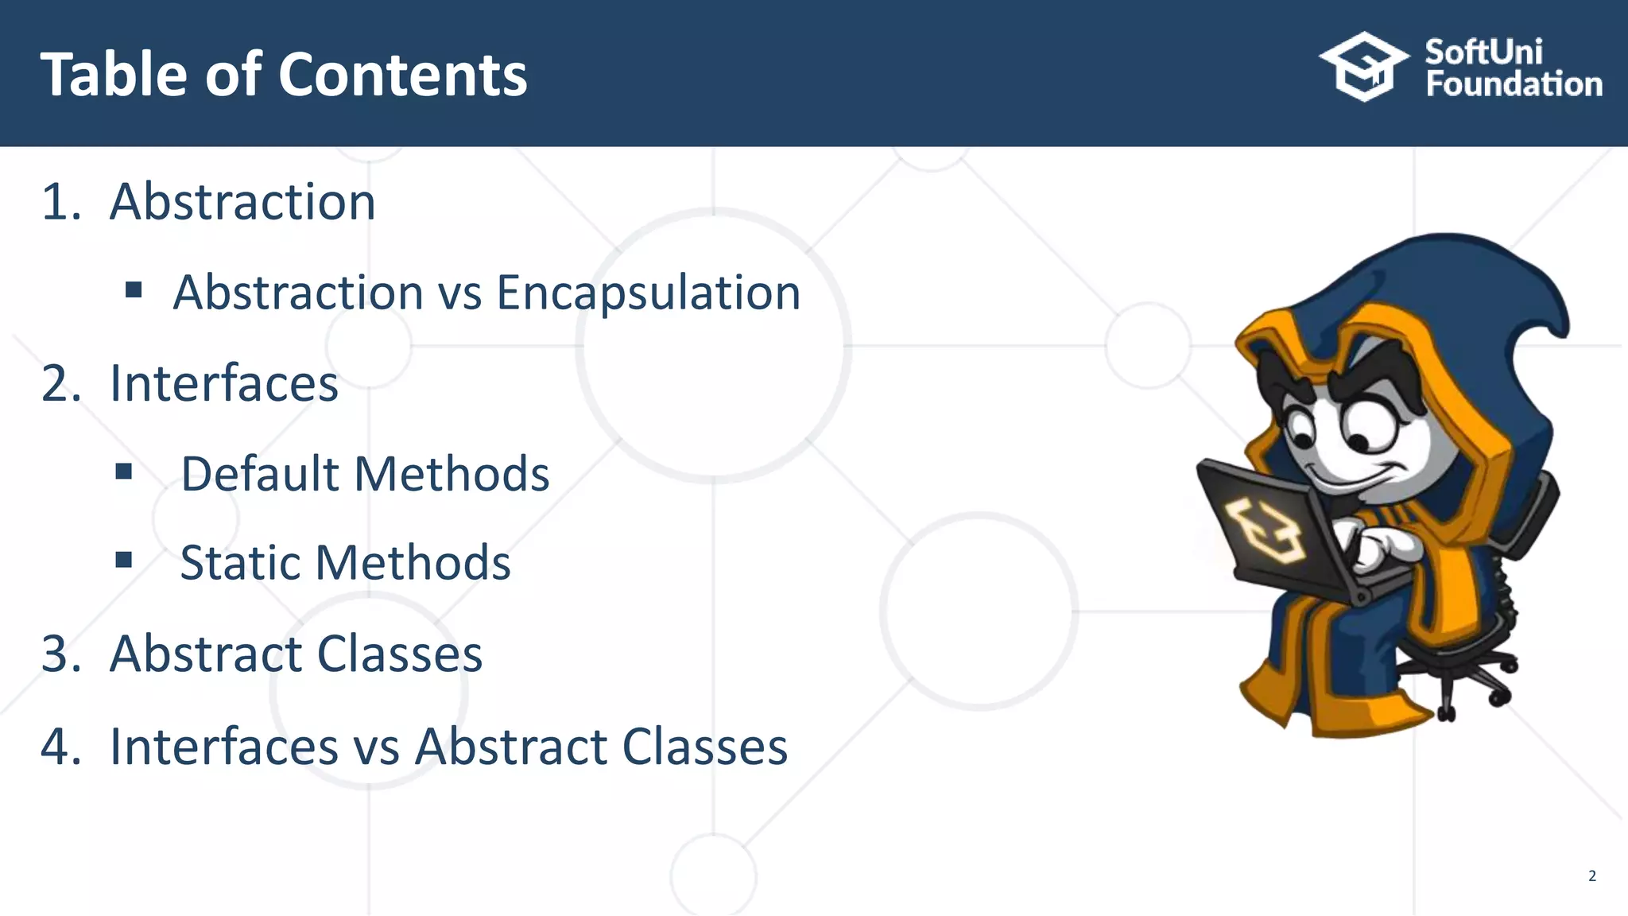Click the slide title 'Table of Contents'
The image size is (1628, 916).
point(284,75)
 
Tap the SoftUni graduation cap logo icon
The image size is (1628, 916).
point(1364,67)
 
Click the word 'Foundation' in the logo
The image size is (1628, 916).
point(1514,84)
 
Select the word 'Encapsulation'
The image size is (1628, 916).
point(648,293)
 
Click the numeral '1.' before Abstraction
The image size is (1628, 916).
point(61,202)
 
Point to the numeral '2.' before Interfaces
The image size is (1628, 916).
point(61,383)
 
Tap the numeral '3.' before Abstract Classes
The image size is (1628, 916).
point(61,654)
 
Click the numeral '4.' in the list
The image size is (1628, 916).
point(61,747)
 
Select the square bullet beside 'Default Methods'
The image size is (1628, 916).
point(123,472)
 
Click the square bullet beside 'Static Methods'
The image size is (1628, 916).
point(123,561)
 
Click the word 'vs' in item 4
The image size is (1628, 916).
point(377,748)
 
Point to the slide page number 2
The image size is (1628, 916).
point(1591,876)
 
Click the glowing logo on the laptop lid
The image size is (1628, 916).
point(1264,529)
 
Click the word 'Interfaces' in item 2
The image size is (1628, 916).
point(224,383)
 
